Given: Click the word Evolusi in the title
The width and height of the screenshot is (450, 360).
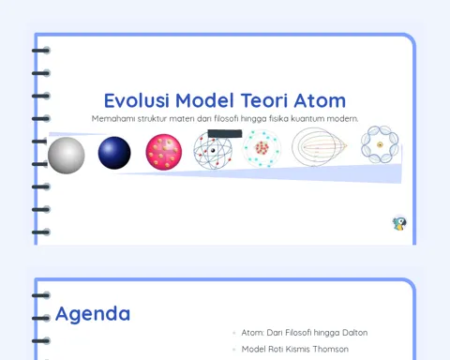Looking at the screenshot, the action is pyautogui.click(x=137, y=100).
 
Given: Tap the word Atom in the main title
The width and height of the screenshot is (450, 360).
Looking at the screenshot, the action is pyautogui.click(x=320, y=100).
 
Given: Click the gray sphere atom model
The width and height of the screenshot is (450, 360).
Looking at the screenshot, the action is pyautogui.click(x=67, y=155).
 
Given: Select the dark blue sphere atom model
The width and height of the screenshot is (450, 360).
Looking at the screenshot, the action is pyautogui.click(x=114, y=153).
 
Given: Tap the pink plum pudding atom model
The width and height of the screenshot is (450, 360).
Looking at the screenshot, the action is pyautogui.click(x=164, y=152).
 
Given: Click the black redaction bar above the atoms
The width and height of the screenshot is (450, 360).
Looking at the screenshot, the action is pyautogui.click(x=225, y=134).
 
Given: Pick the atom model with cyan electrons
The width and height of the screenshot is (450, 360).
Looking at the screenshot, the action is pyautogui.click(x=262, y=148).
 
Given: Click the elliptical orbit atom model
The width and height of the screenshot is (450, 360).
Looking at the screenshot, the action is pyautogui.click(x=319, y=146).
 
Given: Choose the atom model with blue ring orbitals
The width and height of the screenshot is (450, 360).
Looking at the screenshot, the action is pyautogui.click(x=380, y=144).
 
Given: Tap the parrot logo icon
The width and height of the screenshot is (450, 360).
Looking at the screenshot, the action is pyautogui.click(x=399, y=223).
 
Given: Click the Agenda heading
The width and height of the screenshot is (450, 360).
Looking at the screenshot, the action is pyautogui.click(x=93, y=314).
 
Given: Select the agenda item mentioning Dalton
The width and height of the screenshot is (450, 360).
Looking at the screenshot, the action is pyautogui.click(x=305, y=333).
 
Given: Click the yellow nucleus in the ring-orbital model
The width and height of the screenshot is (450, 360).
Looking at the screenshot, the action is pyautogui.click(x=380, y=144).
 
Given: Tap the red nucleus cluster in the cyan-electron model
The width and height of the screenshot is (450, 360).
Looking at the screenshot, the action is pyautogui.click(x=262, y=148).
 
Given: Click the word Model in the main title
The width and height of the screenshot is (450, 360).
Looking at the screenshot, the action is pyautogui.click(x=204, y=100).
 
